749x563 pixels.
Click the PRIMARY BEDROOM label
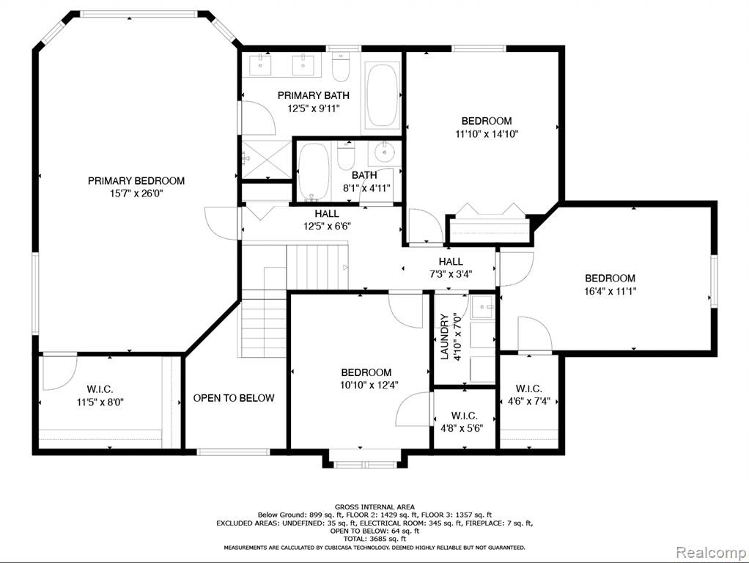pos(136,180)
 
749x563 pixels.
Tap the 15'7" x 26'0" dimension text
pos(136,194)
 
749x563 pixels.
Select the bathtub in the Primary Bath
pos(382,95)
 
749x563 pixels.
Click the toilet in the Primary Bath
pos(341,67)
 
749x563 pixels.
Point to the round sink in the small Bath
pos(385,153)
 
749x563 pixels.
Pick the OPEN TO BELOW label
pos(234,398)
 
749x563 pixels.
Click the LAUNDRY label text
pos(444,336)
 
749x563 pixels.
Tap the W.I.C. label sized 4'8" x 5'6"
pos(464,416)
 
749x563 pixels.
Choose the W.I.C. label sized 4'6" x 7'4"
pos(529,389)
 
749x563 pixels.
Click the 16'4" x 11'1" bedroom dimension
pos(610,291)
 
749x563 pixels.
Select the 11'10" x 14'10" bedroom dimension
pos(487,134)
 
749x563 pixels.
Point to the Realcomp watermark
pos(711,553)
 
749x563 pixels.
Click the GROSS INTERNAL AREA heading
pos(374,507)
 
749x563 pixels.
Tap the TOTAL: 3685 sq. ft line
pos(374,539)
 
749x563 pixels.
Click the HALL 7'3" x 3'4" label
pos(451,268)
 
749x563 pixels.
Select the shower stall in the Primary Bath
pos(266,159)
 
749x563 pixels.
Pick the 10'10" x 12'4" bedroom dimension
pos(369,385)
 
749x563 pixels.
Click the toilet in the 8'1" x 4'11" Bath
pos(346,155)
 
